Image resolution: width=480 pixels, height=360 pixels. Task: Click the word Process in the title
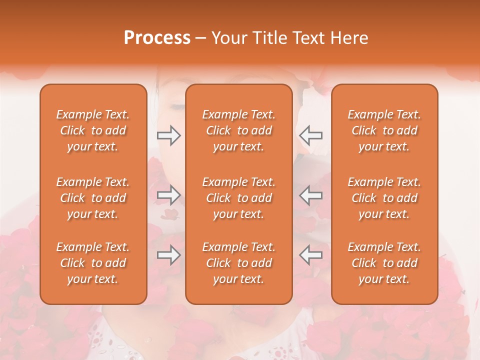pyautogui.click(x=157, y=38)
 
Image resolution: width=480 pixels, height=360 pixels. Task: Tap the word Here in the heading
pyautogui.click(x=348, y=38)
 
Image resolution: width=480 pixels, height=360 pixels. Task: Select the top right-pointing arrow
pyautogui.click(x=168, y=135)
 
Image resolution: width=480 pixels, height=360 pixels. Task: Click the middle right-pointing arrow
pyautogui.click(x=168, y=195)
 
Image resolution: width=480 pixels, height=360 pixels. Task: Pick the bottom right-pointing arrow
pyautogui.click(x=168, y=255)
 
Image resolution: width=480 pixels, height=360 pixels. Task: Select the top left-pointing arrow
pyautogui.click(x=310, y=135)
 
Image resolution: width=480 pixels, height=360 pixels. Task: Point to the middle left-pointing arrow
pyautogui.click(x=310, y=195)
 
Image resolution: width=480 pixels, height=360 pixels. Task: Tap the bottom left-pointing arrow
pyautogui.click(x=310, y=255)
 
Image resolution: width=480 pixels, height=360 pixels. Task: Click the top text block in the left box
pyautogui.click(x=93, y=130)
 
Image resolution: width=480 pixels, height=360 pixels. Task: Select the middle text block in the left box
pyautogui.click(x=93, y=198)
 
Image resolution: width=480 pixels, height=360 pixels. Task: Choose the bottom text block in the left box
pyautogui.click(x=93, y=263)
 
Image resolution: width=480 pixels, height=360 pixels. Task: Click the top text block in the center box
pyautogui.click(x=239, y=130)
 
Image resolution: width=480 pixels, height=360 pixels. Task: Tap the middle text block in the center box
pyautogui.click(x=239, y=198)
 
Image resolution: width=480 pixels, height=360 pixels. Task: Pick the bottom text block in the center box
pyautogui.click(x=239, y=263)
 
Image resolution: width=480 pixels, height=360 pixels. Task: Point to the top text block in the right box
pyautogui.click(x=384, y=130)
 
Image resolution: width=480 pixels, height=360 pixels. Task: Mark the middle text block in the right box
pyautogui.click(x=384, y=198)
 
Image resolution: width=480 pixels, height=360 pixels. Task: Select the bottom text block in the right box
pyautogui.click(x=384, y=263)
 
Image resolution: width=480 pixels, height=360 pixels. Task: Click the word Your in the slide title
pyautogui.click(x=226, y=38)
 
